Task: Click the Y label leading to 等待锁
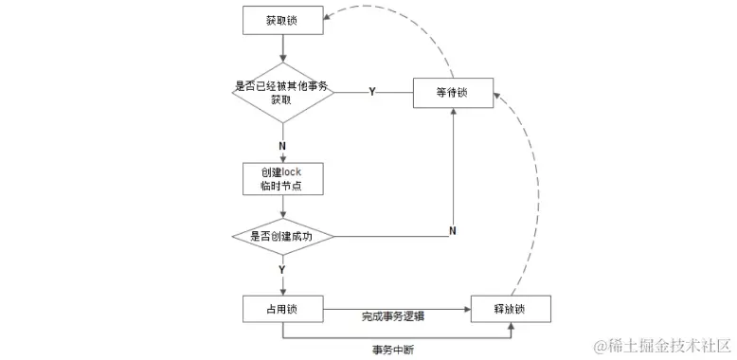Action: point(370,92)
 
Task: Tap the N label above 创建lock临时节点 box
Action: point(282,146)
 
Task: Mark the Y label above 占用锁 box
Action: point(282,270)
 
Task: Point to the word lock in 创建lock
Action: point(291,171)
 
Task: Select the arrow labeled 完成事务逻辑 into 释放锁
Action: point(398,309)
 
